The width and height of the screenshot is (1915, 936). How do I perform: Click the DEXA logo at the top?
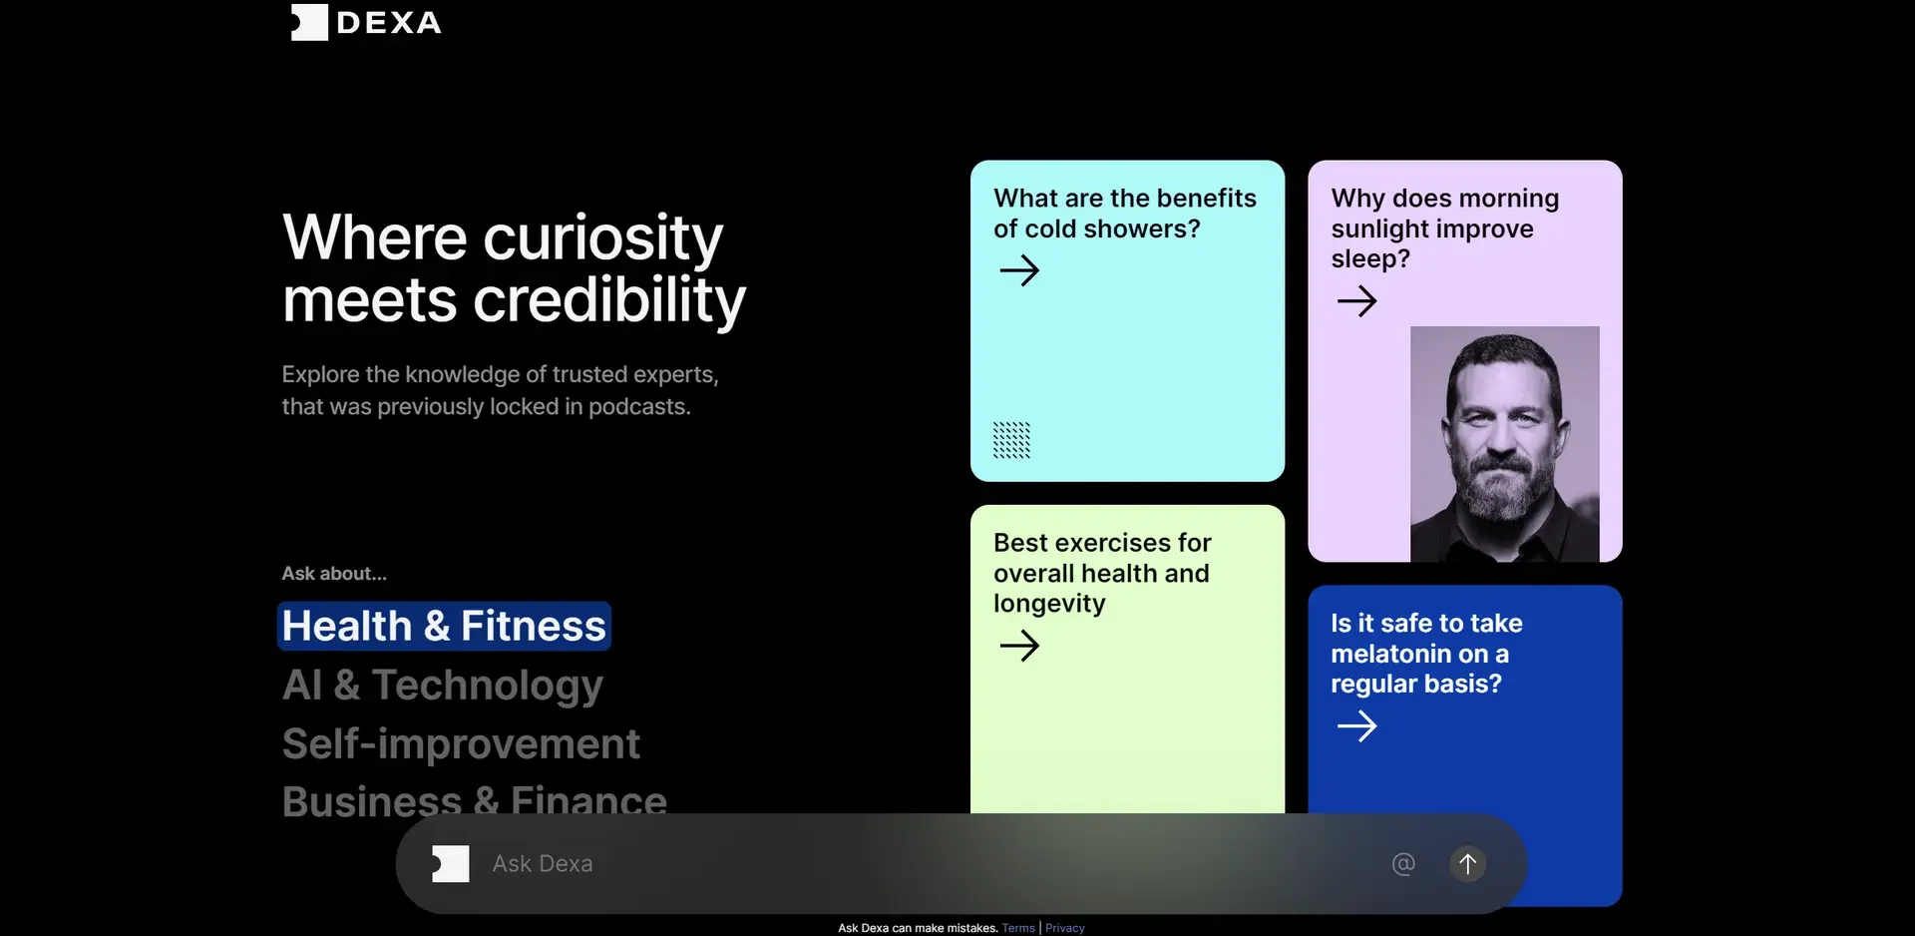point(366,22)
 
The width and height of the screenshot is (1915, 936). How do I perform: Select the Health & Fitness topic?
point(444,626)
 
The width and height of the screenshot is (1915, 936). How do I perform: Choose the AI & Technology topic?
point(443,686)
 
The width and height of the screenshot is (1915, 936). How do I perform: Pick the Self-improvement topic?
point(461,743)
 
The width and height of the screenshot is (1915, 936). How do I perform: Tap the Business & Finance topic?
point(475,801)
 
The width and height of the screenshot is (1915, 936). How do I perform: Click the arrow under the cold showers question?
point(1019,270)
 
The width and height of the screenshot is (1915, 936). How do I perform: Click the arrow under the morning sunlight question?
point(1356,300)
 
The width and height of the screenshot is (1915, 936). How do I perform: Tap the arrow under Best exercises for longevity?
point(1019,646)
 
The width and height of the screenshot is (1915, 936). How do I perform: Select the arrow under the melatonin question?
point(1356,725)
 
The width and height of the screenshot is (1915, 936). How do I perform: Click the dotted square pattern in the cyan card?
point(1011,440)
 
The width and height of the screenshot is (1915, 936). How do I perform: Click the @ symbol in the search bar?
point(1403,864)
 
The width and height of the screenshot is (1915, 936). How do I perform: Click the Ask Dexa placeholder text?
point(543,864)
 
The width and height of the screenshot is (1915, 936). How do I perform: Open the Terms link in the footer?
point(1018,928)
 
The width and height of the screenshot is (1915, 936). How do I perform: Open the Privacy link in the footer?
point(1065,928)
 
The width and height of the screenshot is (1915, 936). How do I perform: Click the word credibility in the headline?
point(609,301)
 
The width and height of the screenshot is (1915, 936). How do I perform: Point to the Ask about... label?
point(334,574)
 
